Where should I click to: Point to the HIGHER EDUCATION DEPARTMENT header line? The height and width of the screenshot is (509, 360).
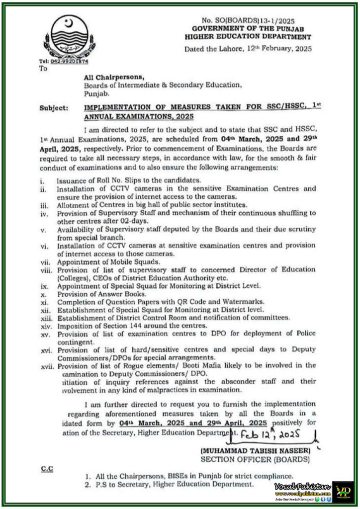tap(248, 37)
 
